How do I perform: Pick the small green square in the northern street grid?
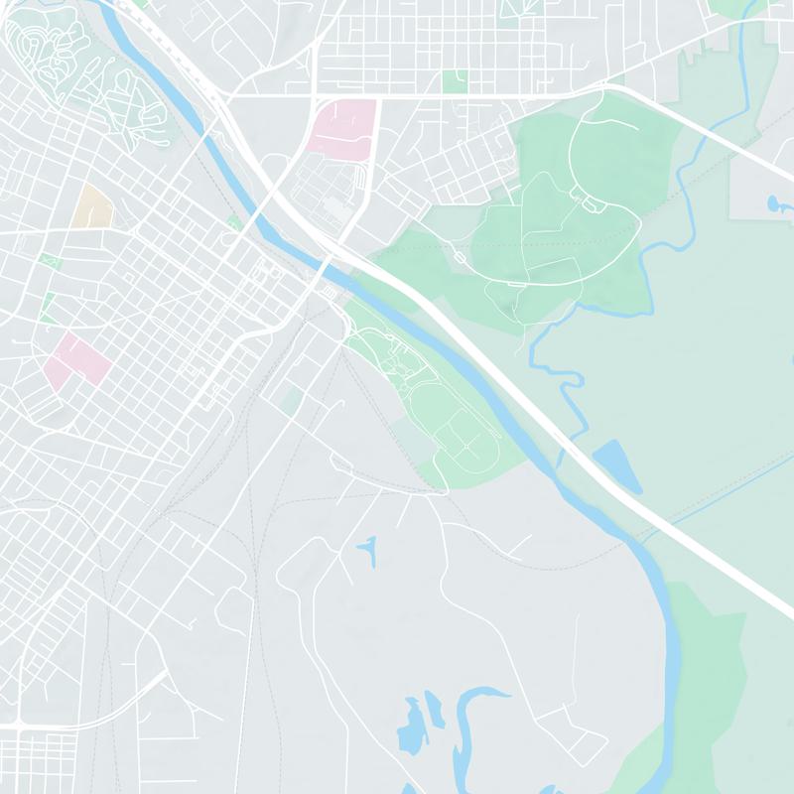[455, 81]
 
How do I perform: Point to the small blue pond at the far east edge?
[774, 204]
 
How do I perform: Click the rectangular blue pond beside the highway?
[617, 466]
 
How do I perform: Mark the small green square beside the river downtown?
[234, 222]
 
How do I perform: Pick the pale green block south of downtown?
[291, 401]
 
